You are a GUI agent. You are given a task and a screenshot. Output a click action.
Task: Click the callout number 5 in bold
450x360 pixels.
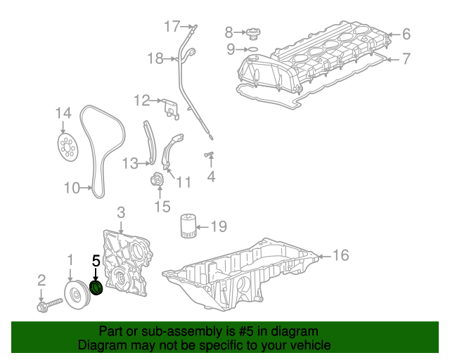click(x=96, y=260)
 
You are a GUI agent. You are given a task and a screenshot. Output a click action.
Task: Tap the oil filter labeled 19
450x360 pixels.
click(x=187, y=226)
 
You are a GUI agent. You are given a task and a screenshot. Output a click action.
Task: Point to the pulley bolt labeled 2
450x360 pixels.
click(x=46, y=307)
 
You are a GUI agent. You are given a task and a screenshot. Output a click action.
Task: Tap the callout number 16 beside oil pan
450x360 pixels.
click(x=340, y=255)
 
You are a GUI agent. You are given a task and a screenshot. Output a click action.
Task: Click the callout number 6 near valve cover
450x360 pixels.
click(x=406, y=33)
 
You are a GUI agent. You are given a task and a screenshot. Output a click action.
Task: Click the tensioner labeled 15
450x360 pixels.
click(x=157, y=181)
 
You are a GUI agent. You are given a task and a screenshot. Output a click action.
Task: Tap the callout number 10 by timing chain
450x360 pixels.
click(x=72, y=188)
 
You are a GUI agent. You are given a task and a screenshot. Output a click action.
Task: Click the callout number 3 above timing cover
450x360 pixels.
click(x=121, y=212)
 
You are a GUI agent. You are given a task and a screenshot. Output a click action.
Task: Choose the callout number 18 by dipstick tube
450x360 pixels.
click(x=155, y=58)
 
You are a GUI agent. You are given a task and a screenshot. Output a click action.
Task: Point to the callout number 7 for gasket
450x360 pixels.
click(x=406, y=59)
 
